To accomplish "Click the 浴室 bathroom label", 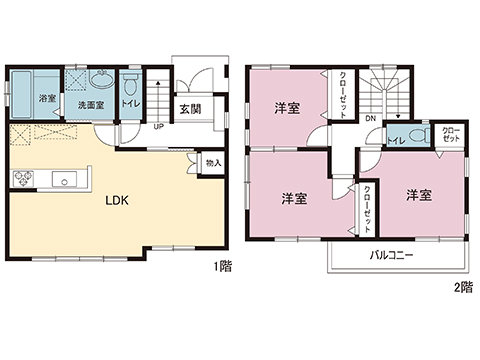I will click(46, 98).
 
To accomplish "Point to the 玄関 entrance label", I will click(190, 109).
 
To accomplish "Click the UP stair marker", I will click(158, 126).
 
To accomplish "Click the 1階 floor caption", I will click(221, 269).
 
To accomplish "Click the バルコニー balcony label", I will click(392, 255).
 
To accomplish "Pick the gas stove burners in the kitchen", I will click(22, 178).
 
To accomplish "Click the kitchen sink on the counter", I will click(68, 180).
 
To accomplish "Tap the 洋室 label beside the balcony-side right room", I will click(419, 195).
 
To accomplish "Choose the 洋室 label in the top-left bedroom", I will click(288, 108).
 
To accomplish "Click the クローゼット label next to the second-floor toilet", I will click(451, 133).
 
